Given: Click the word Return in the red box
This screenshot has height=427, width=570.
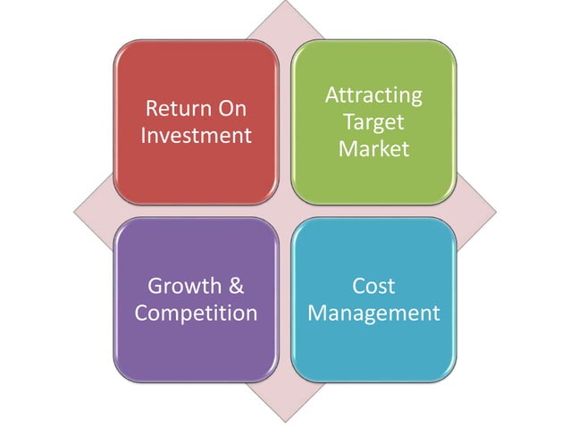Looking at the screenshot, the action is click(174, 110).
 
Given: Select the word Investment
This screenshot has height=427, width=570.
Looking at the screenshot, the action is click(196, 136).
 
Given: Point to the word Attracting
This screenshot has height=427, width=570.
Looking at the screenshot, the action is click(373, 95).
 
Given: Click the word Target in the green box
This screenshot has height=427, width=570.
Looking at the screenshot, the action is click(373, 121).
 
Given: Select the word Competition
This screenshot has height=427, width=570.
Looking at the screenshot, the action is click(196, 314).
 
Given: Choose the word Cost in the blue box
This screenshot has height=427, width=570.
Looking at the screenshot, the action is click(373, 287).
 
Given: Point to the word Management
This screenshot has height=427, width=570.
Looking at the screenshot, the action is click(373, 314).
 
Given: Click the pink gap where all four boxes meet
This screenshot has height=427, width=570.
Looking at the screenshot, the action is click(284, 212).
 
